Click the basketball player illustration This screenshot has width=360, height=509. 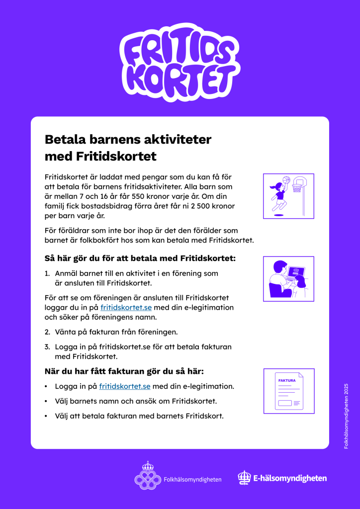[x=278, y=196]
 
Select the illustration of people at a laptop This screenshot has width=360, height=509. [x=288, y=279]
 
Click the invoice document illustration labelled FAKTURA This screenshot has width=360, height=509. [x=288, y=391]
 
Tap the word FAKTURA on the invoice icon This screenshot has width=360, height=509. [x=287, y=380]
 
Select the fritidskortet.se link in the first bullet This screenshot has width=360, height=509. [x=124, y=386]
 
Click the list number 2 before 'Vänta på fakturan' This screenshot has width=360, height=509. [x=47, y=332]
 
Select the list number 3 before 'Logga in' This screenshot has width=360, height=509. [x=47, y=346]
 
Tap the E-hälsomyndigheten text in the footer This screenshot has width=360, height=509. [x=290, y=478]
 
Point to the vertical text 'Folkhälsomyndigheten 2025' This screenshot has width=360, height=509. [x=346, y=416]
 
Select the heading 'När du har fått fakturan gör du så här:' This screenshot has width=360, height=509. [x=124, y=371]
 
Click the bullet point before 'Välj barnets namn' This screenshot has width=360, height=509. [x=46, y=401]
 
